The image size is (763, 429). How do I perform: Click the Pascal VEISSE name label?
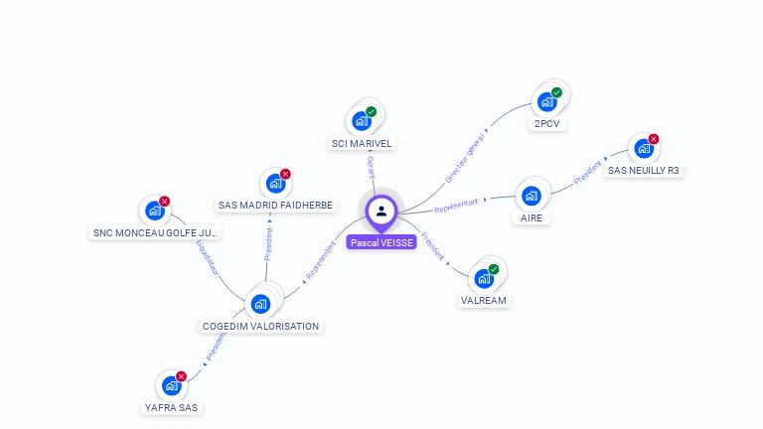(x=381, y=241)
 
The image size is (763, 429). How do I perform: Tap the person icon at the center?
(x=381, y=211)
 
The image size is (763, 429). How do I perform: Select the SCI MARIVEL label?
(x=363, y=143)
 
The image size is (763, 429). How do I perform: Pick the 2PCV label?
(x=546, y=124)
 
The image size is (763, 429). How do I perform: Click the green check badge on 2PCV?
(x=556, y=92)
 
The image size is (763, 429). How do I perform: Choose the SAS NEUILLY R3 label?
(x=644, y=170)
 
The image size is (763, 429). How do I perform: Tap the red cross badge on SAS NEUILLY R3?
(x=653, y=139)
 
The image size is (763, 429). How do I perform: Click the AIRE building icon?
(x=532, y=195)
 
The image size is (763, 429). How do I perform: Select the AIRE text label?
(x=532, y=217)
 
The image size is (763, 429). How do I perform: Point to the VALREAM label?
(x=485, y=300)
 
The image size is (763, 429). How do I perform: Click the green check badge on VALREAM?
(x=494, y=269)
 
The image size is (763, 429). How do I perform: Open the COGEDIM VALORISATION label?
(x=260, y=326)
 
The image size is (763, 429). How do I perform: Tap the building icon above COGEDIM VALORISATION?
(x=260, y=303)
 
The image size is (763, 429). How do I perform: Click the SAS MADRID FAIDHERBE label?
(x=276, y=206)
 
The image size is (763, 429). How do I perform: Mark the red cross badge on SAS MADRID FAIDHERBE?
(x=285, y=174)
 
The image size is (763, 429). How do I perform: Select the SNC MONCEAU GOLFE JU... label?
(x=155, y=233)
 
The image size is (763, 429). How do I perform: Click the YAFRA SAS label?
(x=172, y=407)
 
